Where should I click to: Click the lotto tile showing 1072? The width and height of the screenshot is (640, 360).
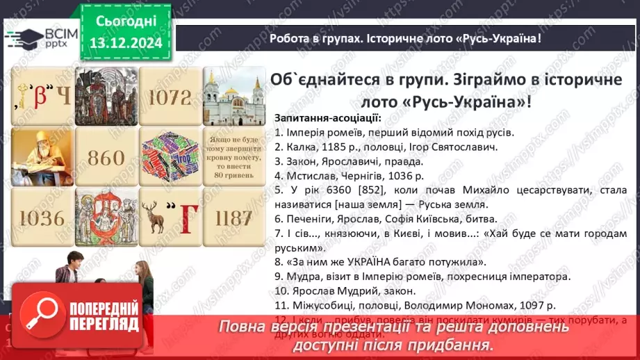coord(169,96)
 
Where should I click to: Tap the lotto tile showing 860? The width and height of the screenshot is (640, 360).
coord(106,157)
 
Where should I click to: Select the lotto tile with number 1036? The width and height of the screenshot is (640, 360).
coord(42,218)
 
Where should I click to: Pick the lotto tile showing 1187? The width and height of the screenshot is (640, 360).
coord(233,218)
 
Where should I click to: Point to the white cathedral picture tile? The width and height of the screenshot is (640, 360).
coord(233,96)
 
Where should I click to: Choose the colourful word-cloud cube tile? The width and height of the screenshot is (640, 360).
coord(169,157)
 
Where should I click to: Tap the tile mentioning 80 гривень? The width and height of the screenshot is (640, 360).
coord(233,157)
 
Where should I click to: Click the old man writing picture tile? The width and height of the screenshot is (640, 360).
coord(42,157)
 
